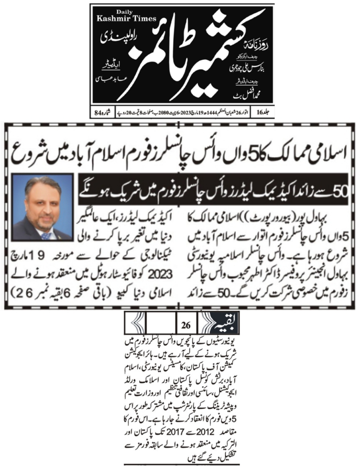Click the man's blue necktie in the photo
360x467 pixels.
click(x=45, y=234)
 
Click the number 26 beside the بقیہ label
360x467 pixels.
click(x=186, y=326)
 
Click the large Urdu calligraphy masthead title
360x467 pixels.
click(x=205, y=59)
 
